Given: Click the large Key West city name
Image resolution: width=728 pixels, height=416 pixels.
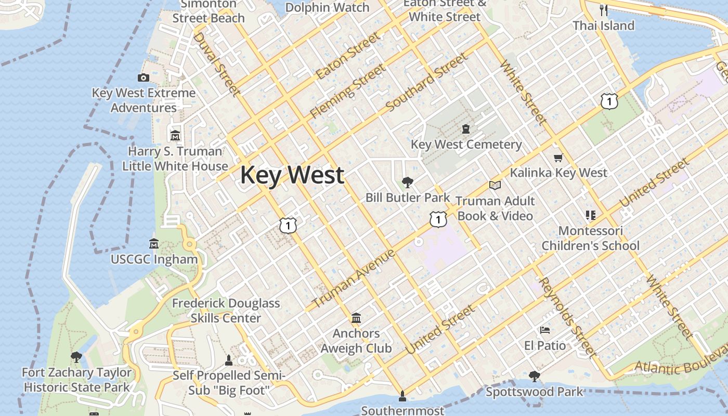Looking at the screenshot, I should point(292,175).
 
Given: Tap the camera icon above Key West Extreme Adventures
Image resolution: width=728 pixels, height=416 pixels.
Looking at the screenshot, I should point(143,78).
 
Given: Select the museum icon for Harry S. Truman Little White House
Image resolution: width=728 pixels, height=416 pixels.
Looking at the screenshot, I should point(175,136).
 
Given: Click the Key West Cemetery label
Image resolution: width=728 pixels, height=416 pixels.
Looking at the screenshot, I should point(466,145).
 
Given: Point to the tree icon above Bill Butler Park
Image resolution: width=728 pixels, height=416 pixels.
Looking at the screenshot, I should point(408,183).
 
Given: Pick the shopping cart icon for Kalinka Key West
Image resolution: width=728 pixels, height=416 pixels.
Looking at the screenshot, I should point(558,158).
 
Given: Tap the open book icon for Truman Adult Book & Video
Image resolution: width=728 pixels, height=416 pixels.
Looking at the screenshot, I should point(495,185).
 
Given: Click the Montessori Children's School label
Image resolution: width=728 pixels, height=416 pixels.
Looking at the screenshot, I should point(590,238).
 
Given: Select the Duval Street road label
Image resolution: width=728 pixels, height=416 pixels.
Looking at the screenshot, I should point(216,64).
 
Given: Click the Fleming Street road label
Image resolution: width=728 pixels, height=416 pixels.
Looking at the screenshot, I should point(348,90).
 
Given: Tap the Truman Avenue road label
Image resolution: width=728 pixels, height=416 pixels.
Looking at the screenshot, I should point(354,279).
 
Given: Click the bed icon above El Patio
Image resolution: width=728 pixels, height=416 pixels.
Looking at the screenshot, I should point(544,330).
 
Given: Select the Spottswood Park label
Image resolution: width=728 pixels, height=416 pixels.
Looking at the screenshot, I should point(534,392).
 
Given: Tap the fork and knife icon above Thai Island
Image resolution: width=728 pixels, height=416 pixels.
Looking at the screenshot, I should point(603,9).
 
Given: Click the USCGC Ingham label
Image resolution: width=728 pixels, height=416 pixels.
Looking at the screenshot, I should point(154,259).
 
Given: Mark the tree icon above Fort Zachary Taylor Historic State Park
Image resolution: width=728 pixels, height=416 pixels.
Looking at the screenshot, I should point(76,357).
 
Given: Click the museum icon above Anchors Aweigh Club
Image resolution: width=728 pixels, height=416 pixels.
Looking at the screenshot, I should point(356,318).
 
